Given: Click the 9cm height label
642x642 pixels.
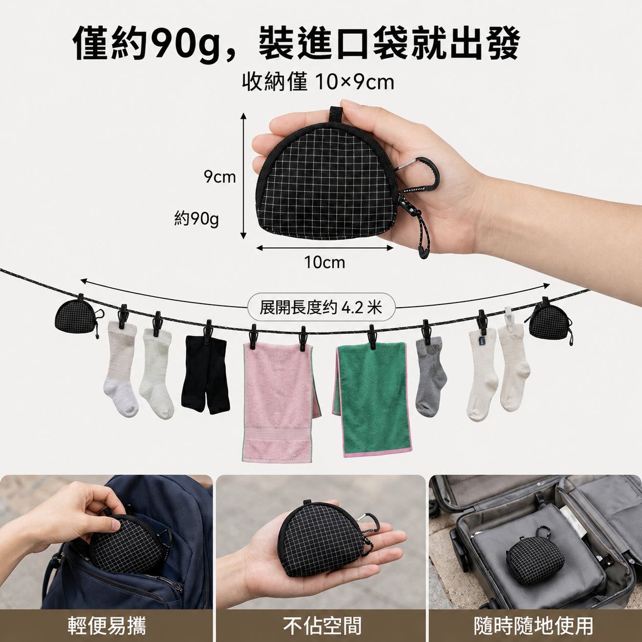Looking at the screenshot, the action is pos(220,177).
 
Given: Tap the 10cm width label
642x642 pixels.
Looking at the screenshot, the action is pos(325,263).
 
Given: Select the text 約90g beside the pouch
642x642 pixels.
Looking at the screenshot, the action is pos(197,220).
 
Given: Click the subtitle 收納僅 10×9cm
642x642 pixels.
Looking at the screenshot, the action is pos(318,82).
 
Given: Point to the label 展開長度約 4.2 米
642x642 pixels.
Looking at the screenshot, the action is pos(320,307).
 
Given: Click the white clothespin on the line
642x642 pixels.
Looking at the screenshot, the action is pos(508,316).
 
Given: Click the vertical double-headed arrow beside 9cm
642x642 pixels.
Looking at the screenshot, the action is pos(244,176).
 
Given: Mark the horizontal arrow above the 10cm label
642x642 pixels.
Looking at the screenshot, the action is pos(325,248).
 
